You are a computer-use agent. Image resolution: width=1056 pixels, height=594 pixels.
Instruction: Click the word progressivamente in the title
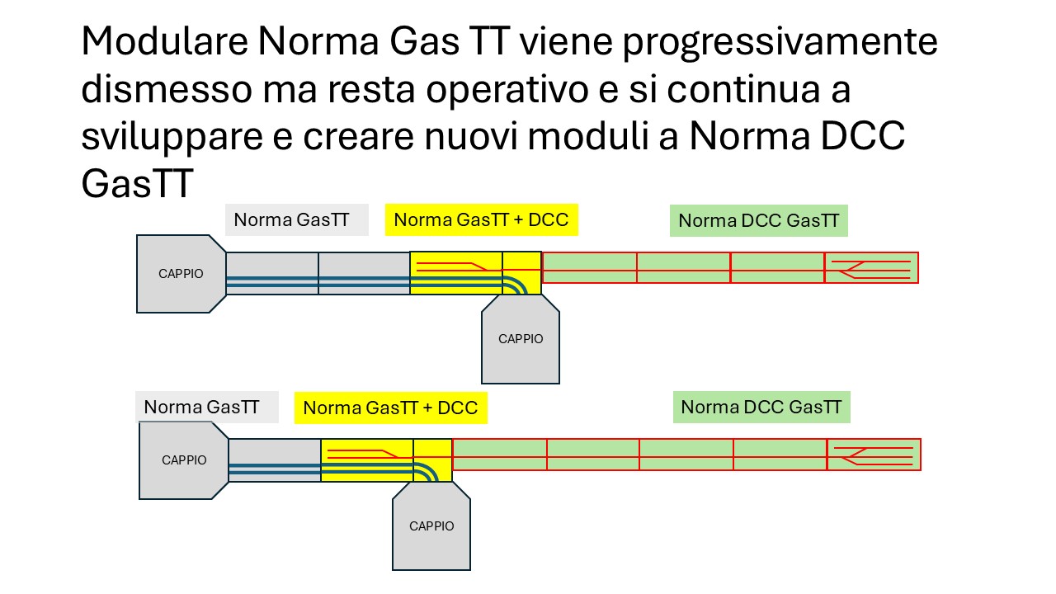(780, 42)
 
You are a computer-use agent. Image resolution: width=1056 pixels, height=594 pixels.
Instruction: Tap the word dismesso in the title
(167, 90)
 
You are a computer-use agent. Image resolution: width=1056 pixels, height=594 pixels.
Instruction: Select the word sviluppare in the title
(172, 138)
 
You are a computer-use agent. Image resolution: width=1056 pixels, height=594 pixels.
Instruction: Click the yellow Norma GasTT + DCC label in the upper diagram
(481, 219)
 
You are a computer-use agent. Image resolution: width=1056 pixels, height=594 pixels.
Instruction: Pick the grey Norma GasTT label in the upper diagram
(296, 219)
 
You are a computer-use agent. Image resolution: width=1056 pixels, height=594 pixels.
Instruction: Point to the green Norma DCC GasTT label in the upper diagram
(758, 220)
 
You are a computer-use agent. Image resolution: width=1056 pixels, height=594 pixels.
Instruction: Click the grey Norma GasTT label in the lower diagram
(206, 407)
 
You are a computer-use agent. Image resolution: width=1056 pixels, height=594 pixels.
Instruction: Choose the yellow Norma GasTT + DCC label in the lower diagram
(391, 408)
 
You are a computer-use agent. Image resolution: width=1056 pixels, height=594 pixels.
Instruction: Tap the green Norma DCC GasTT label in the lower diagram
(761, 407)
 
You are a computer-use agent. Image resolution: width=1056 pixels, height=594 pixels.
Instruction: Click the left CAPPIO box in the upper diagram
(181, 274)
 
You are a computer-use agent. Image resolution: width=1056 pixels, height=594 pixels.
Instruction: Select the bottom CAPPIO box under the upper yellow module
(521, 339)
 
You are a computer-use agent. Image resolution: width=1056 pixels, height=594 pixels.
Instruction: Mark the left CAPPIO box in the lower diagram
(184, 460)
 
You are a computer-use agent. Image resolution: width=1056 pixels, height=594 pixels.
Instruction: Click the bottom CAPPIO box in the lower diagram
(431, 526)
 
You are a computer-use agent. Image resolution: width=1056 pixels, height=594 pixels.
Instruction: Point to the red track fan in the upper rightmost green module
(871, 270)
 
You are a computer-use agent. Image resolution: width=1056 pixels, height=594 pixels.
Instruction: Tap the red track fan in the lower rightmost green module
(874, 456)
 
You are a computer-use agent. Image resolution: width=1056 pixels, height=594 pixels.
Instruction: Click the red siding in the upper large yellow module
(453, 266)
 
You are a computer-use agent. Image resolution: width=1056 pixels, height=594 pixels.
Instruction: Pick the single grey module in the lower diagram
(275, 460)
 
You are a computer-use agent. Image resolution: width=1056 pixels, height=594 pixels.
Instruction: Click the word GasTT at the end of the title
(137, 184)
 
